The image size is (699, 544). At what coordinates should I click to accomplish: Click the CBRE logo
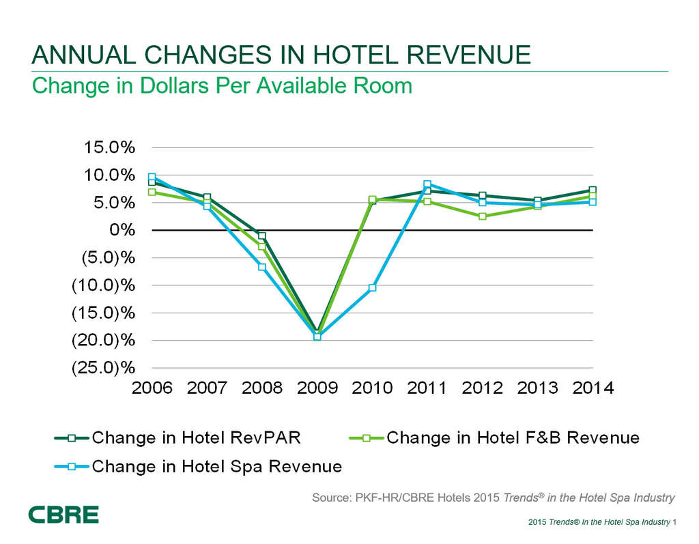point(63,515)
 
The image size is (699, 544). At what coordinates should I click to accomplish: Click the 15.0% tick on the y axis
point(109,147)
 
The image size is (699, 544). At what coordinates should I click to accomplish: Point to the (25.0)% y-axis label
point(104,368)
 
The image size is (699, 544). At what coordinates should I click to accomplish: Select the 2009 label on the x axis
point(317,388)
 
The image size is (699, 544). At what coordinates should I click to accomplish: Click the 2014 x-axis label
point(593,388)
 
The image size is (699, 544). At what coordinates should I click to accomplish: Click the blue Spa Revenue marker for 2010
point(373,287)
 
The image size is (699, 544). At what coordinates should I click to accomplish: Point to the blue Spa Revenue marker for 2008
point(262,267)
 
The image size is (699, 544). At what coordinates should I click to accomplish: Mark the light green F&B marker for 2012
point(483,216)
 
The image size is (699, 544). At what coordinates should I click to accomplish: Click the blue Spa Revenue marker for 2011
point(427,184)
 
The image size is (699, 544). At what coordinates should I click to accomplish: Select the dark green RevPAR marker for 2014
point(593,190)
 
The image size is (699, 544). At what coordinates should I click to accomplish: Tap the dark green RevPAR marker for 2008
point(262,235)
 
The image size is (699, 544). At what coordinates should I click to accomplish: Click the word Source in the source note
point(330,498)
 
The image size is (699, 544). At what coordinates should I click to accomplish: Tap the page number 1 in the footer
point(674,523)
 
